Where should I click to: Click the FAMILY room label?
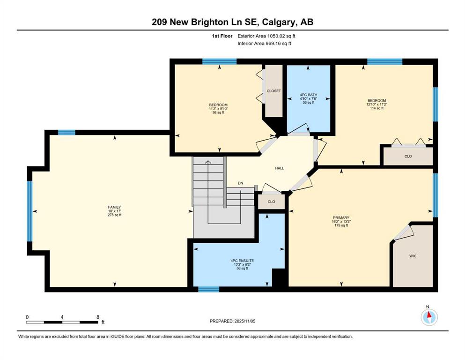pyautogui.click(x=114, y=207)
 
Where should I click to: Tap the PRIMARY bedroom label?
pyautogui.click(x=341, y=217)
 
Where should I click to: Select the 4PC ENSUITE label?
pyautogui.click(x=242, y=261)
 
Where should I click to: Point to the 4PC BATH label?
pyautogui.click(x=309, y=95)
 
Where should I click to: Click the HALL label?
pyautogui.click(x=280, y=168)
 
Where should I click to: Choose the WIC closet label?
pyautogui.click(x=413, y=256)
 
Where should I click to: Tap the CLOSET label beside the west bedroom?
pyautogui.click(x=274, y=91)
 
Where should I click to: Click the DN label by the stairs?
pyautogui.click(x=241, y=183)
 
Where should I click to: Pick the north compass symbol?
pyautogui.click(x=429, y=317)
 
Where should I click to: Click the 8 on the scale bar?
pyautogui.click(x=98, y=317)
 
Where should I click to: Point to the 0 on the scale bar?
pyautogui.click(x=27, y=317)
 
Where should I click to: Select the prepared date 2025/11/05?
pyautogui.click(x=244, y=321)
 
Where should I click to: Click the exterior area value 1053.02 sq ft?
pyautogui.click(x=281, y=36)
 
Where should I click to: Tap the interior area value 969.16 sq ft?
pyautogui.click(x=278, y=43)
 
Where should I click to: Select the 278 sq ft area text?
pyautogui.click(x=114, y=215)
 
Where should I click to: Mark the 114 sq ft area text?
pyautogui.click(x=376, y=108)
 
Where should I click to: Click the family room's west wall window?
pyautogui.click(x=30, y=211)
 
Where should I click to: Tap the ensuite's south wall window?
pyautogui.click(x=208, y=289)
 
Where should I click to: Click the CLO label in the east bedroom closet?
pyautogui.click(x=408, y=156)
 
